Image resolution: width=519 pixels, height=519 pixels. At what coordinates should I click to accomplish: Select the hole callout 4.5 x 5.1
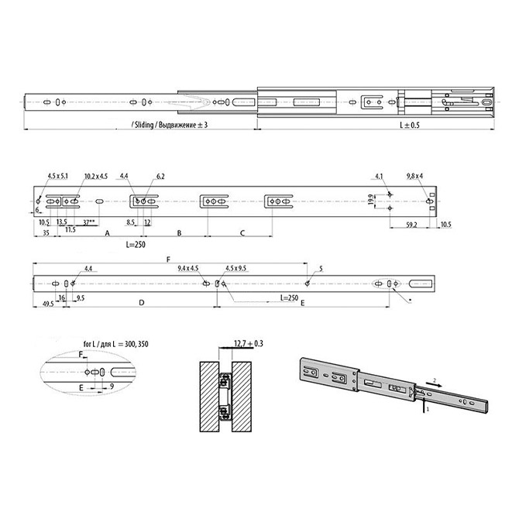[x=57, y=176]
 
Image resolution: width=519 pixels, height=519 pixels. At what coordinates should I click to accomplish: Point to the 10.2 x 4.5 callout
[x=96, y=176]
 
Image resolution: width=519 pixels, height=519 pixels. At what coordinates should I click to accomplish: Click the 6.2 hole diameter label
[x=160, y=176]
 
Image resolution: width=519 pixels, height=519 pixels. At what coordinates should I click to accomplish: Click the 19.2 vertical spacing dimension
[x=373, y=201]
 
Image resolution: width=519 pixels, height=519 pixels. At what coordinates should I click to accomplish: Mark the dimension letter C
[x=242, y=232]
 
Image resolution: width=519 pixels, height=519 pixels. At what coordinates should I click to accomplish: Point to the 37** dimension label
[x=90, y=222]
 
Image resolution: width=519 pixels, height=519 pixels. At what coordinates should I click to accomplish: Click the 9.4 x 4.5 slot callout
[x=188, y=268]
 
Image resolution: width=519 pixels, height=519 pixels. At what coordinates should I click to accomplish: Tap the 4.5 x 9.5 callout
[x=235, y=268]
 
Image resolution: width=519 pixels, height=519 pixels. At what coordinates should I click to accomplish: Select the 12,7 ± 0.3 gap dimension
[x=249, y=342]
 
